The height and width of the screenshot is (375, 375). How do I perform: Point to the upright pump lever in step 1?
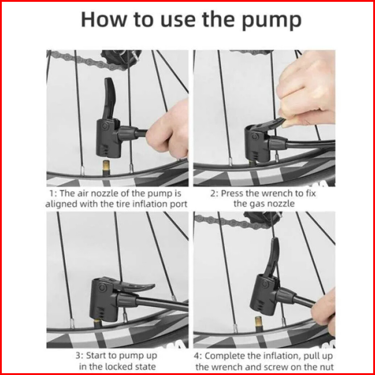pos(110,98)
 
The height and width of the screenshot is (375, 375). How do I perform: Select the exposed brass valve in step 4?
pos(259,324)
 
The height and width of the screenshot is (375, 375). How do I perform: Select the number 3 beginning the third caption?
pos(78,356)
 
